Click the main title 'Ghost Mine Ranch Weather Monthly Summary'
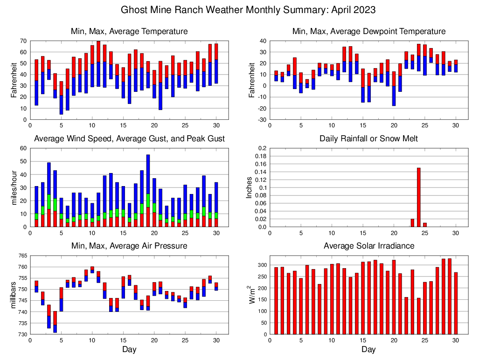[x=248, y=9]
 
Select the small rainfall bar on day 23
[x=412, y=223]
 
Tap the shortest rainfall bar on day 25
[x=425, y=225]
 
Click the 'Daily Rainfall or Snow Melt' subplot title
[x=368, y=138]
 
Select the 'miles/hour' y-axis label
[x=14, y=187]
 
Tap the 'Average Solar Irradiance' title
[x=368, y=246]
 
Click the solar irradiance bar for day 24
[x=419, y=316]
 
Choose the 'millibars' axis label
[x=14, y=295]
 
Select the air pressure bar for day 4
[x=55, y=322]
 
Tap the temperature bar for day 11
[x=98, y=64]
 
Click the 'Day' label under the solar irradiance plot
[x=368, y=349]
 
